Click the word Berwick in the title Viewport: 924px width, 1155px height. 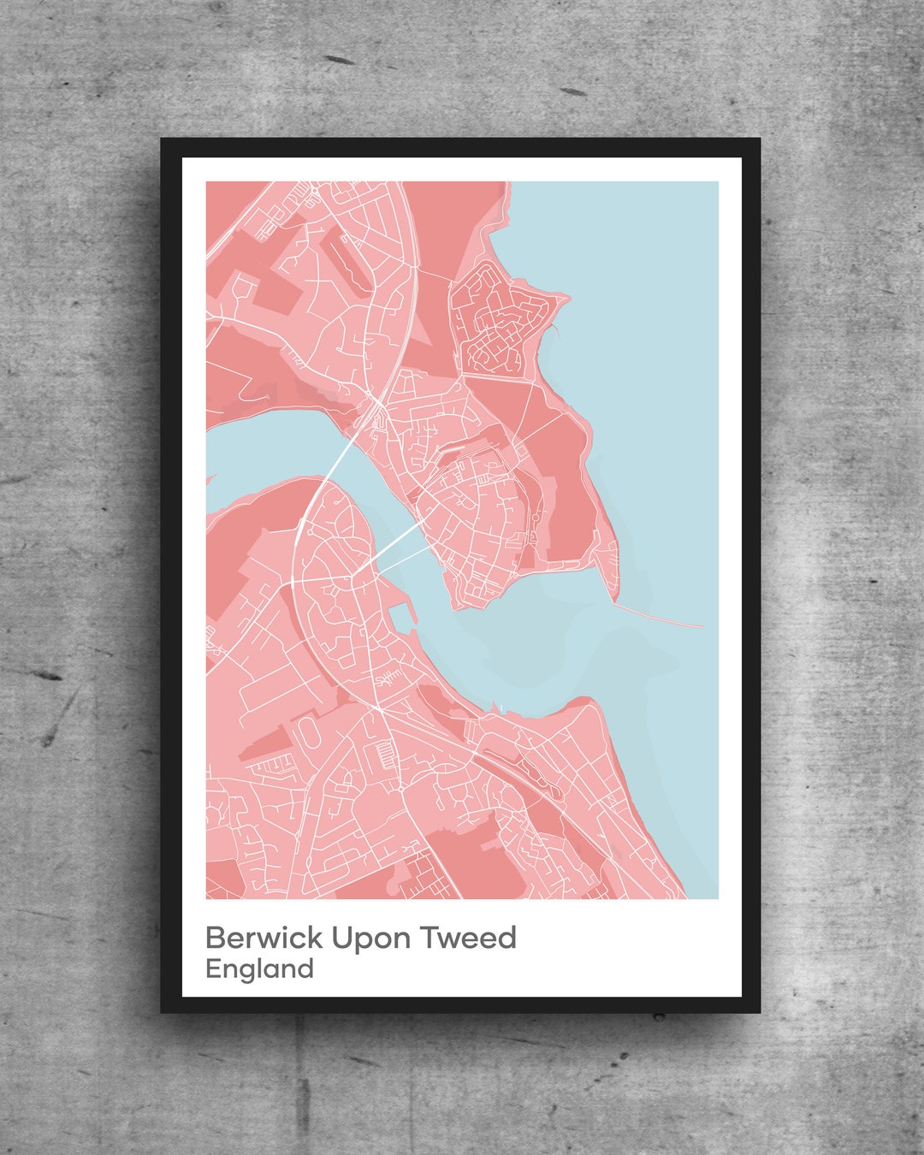point(264,938)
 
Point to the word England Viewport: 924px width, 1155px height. point(259,969)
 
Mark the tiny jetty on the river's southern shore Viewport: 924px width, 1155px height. point(495,706)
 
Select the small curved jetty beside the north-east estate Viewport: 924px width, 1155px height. point(556,325)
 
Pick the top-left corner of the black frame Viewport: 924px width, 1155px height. point(163,139)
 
